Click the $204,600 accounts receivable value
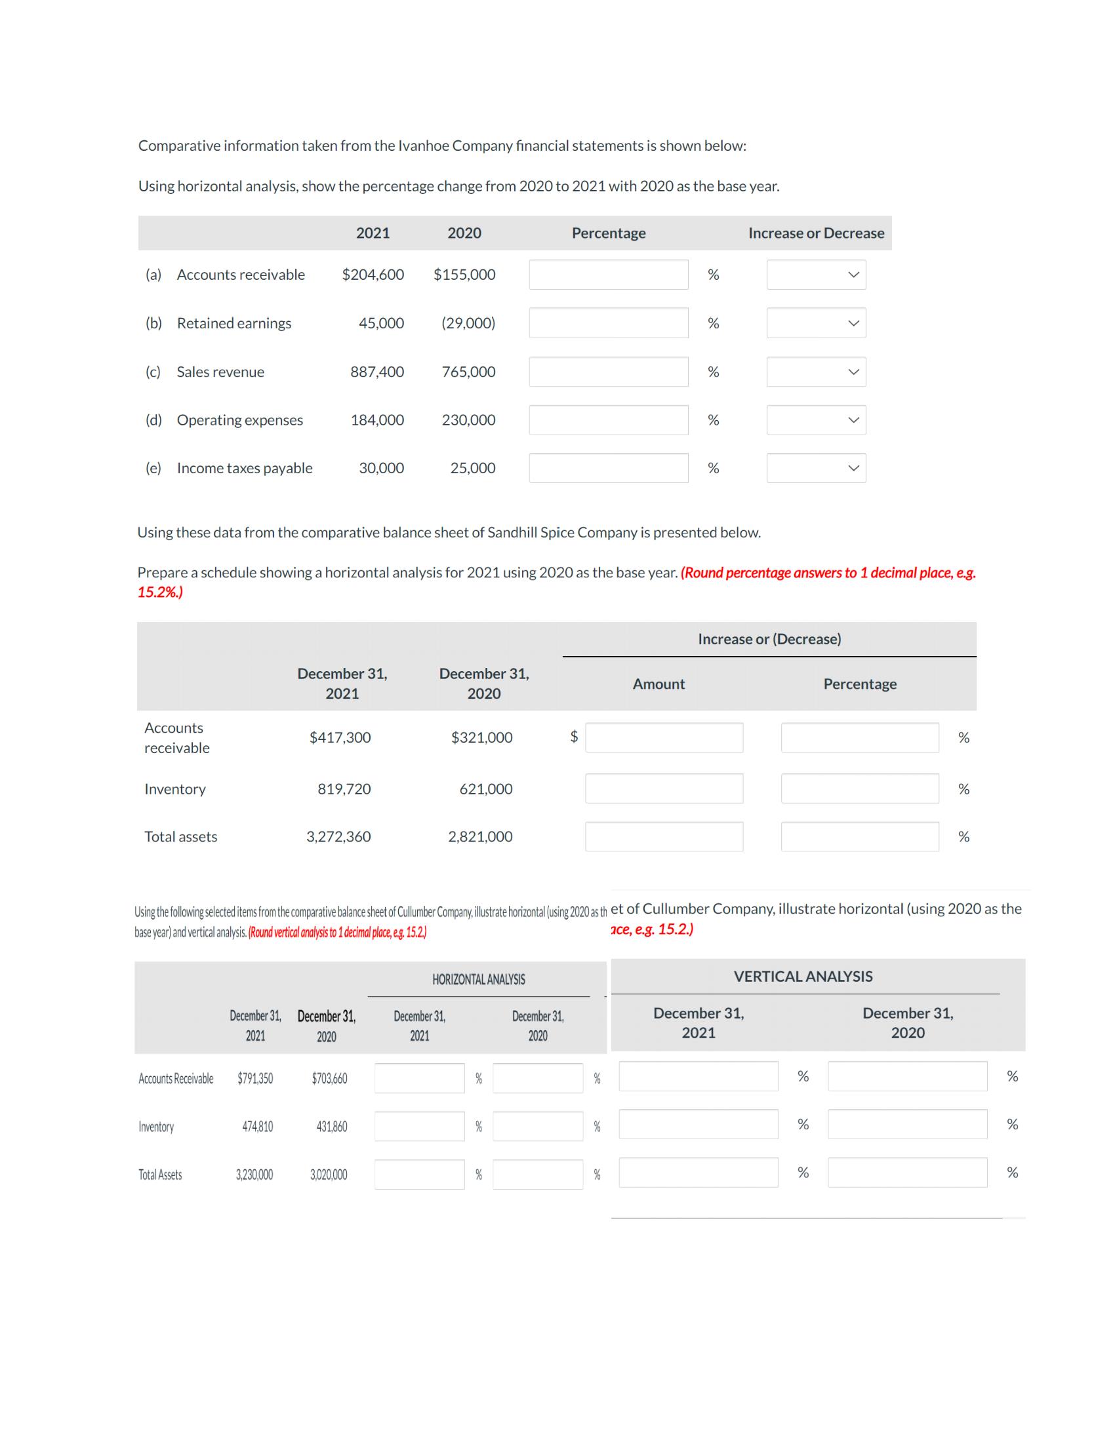click(x=373, y=275)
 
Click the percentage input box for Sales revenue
click(x=608, y=372)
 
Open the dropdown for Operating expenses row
click(x=816, y=420)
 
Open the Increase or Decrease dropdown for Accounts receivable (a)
click(x=816, y=275)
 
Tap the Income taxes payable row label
click(x=245, y=468)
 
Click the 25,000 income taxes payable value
click(x=472, y=468)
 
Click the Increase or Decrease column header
click(x=816, y=233)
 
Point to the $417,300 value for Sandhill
click(x=340, y=737)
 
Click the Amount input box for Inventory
click(x=664, y=789)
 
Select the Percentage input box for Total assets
click(x=859, y=836)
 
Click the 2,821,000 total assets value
click(x=480, y=836)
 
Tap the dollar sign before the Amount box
click(x=574, y=737)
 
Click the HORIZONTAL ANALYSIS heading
click(x=478, y=980)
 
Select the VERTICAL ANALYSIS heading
click(x=803, y=977)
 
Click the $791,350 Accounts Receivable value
click(x=255, y=1079)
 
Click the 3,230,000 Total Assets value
click(x=254, y=1175)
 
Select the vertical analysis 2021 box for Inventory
click(x=699, y=1124)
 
